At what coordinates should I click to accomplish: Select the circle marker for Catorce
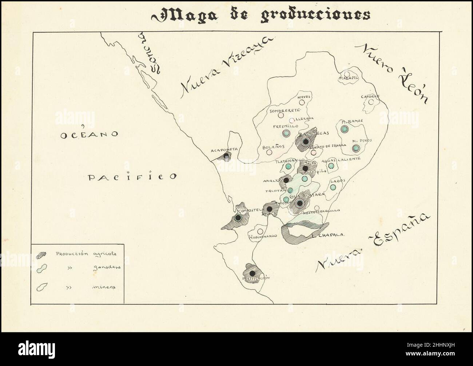coord(371,102)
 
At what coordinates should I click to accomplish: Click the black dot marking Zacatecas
coord(306,141)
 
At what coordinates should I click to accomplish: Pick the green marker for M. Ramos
coord(344,129)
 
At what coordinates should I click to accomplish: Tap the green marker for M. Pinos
coord(356,148)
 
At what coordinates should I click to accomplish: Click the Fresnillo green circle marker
coord(286,133)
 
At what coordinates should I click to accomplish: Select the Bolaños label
coord(273,147)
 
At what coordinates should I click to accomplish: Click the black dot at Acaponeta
coord(226,157)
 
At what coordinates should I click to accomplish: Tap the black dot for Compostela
coord(238,218)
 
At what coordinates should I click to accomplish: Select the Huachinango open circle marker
coord(260,231)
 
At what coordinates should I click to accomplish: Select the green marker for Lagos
coord(333,187)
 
